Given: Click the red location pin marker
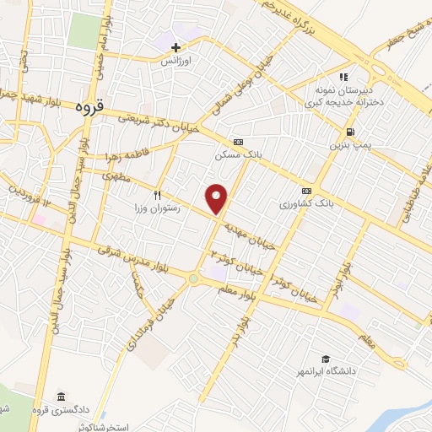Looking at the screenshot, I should [x=218, y=199].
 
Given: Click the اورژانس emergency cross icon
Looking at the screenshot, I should [x=175, y=47].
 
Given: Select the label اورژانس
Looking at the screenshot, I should [x=178, y=62].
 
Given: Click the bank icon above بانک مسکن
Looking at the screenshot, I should [x=239, y=142].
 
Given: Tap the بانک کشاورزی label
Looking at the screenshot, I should [x=307, y=204].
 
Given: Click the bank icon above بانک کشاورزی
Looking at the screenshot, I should [x=307, y=191].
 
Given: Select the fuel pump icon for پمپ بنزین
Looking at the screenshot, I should [x=348, y=132].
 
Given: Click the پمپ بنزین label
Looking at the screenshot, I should [x=348, y=145].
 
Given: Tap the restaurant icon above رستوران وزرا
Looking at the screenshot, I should [x=157, y=194].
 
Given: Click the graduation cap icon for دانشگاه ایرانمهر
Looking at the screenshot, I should [x=325, y=359].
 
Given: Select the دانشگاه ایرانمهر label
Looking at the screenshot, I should [x=325, y=372].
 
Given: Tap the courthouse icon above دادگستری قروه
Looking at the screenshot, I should [x=60, y=397].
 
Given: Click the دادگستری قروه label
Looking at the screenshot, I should [x=61, y=411].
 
